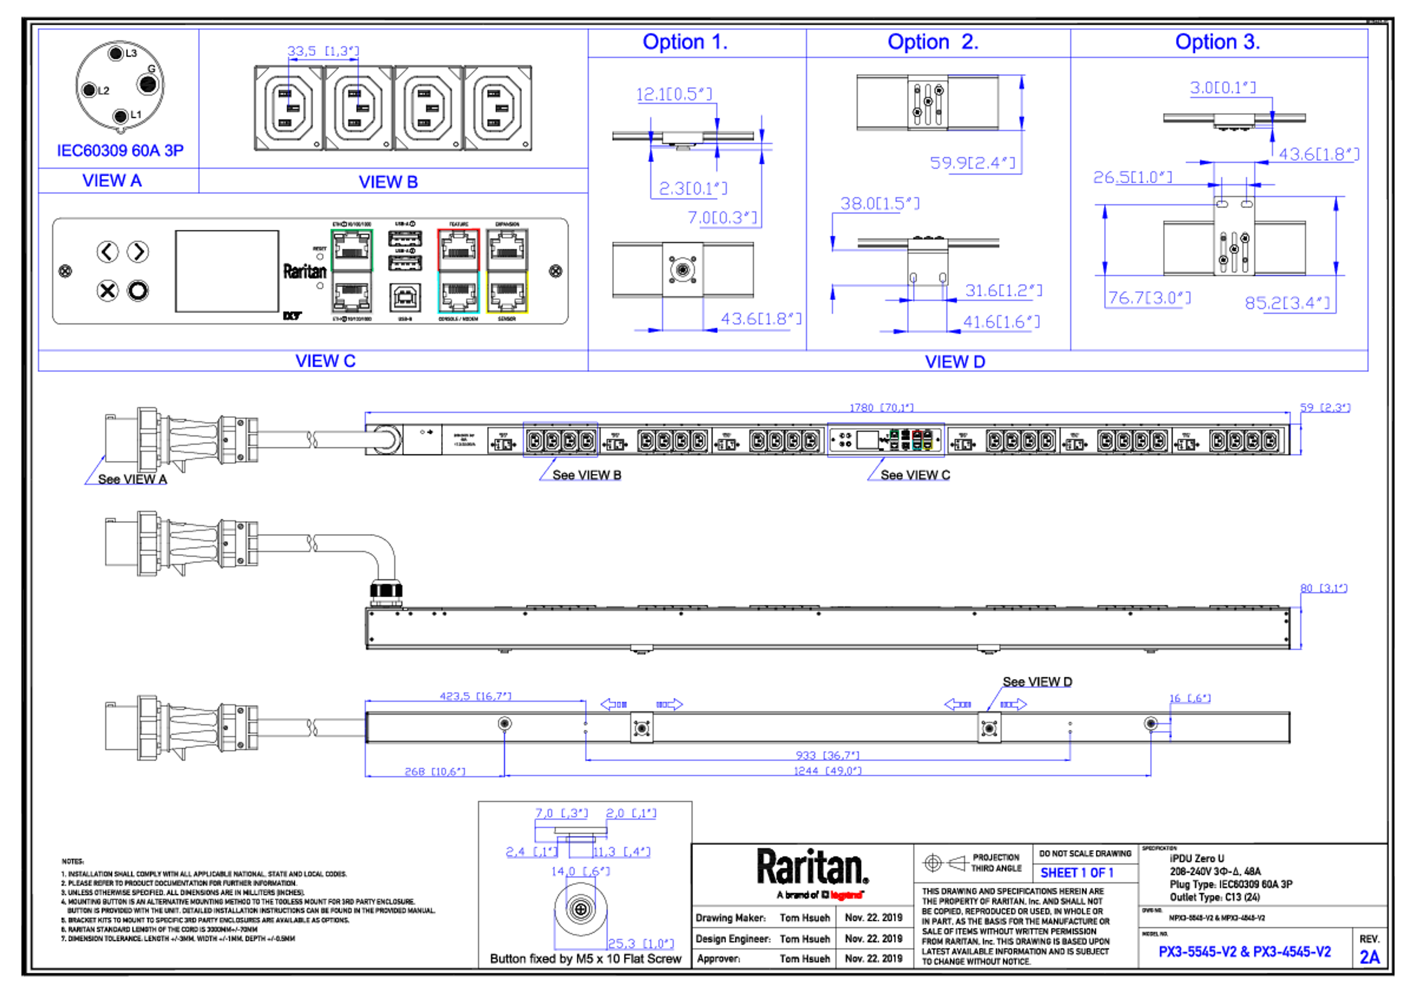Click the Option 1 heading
pyautogui.click(x=684, y=42)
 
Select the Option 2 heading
pyautogui.click(x=933, y=42)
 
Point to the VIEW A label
pyautogui.click(x=112, y=180)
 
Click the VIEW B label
pyautogui.click(x=388, y=182)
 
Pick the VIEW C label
pyautogui.click(x=325, y=361)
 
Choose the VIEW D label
pyautogui.click(x=955, y=361)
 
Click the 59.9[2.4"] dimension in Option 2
pyautogui.click(x=973, y=163)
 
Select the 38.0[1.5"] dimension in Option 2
pyautogui.click(x=879, y=203)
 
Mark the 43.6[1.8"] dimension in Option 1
pyautogui.click(x=760, y=318)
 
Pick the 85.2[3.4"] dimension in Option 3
pyautogui.click(x=1288, y=302)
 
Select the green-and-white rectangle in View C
pyautogui.click(x=352, y=272)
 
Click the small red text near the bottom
pyautogui.click(x=846, y=895)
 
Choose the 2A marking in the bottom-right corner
pyautogui.click(x=1370, y=956)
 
